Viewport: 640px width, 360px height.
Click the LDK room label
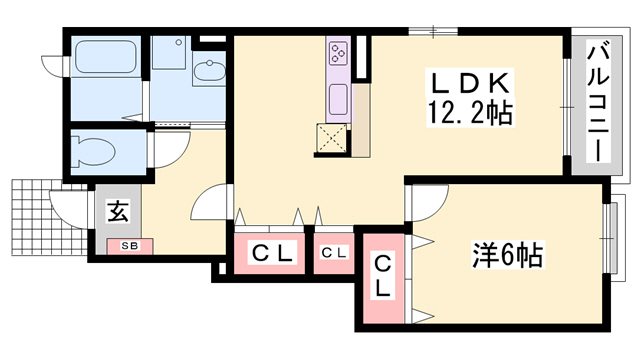(470, 84)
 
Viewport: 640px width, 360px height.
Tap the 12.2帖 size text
(470, 113)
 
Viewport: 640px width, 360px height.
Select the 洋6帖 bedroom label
(508, 256)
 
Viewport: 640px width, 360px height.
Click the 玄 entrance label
(118, 211)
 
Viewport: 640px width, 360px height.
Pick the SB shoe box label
(130, 246)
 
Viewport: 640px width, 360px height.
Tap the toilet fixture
(93, 151)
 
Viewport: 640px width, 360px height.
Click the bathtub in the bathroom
(105, 57)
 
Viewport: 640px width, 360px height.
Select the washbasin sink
(209, 72)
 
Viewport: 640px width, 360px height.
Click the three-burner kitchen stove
(338, 53)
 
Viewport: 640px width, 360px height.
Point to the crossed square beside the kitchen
(331, 138)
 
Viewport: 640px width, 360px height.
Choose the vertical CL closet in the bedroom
(383, 278)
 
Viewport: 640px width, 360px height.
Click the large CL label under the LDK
(272, 254)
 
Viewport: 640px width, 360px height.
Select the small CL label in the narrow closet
(334, 253)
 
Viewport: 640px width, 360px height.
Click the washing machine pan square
(169, 52)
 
